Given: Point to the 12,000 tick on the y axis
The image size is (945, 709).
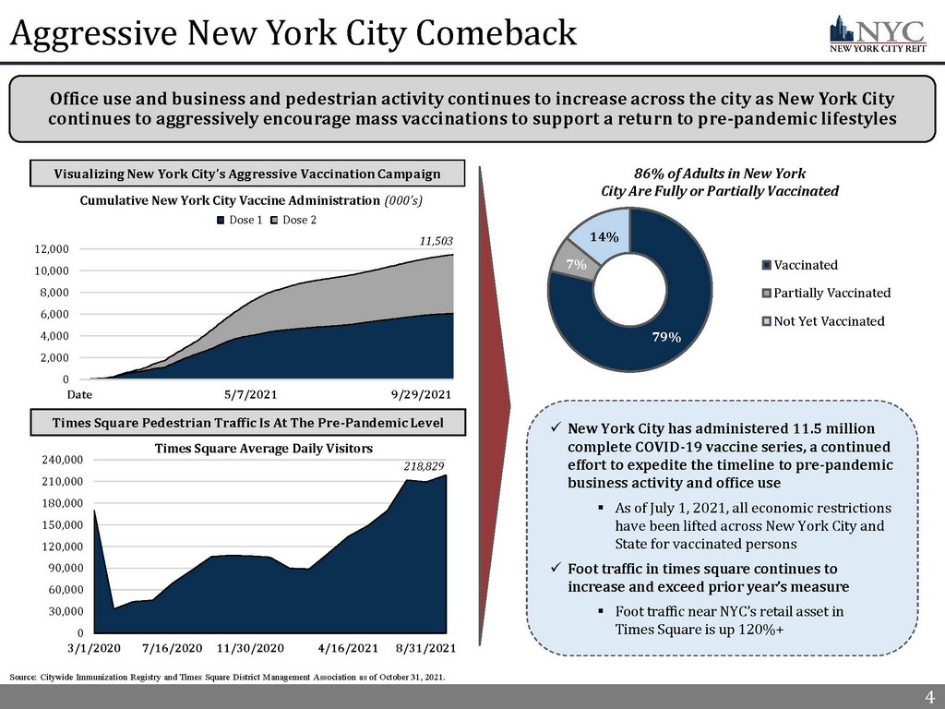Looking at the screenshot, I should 54,249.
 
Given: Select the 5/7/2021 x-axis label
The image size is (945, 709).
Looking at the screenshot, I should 251,394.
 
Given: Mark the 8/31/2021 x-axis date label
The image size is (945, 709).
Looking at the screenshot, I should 425,649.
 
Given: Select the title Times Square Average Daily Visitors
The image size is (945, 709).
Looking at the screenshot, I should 263,449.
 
